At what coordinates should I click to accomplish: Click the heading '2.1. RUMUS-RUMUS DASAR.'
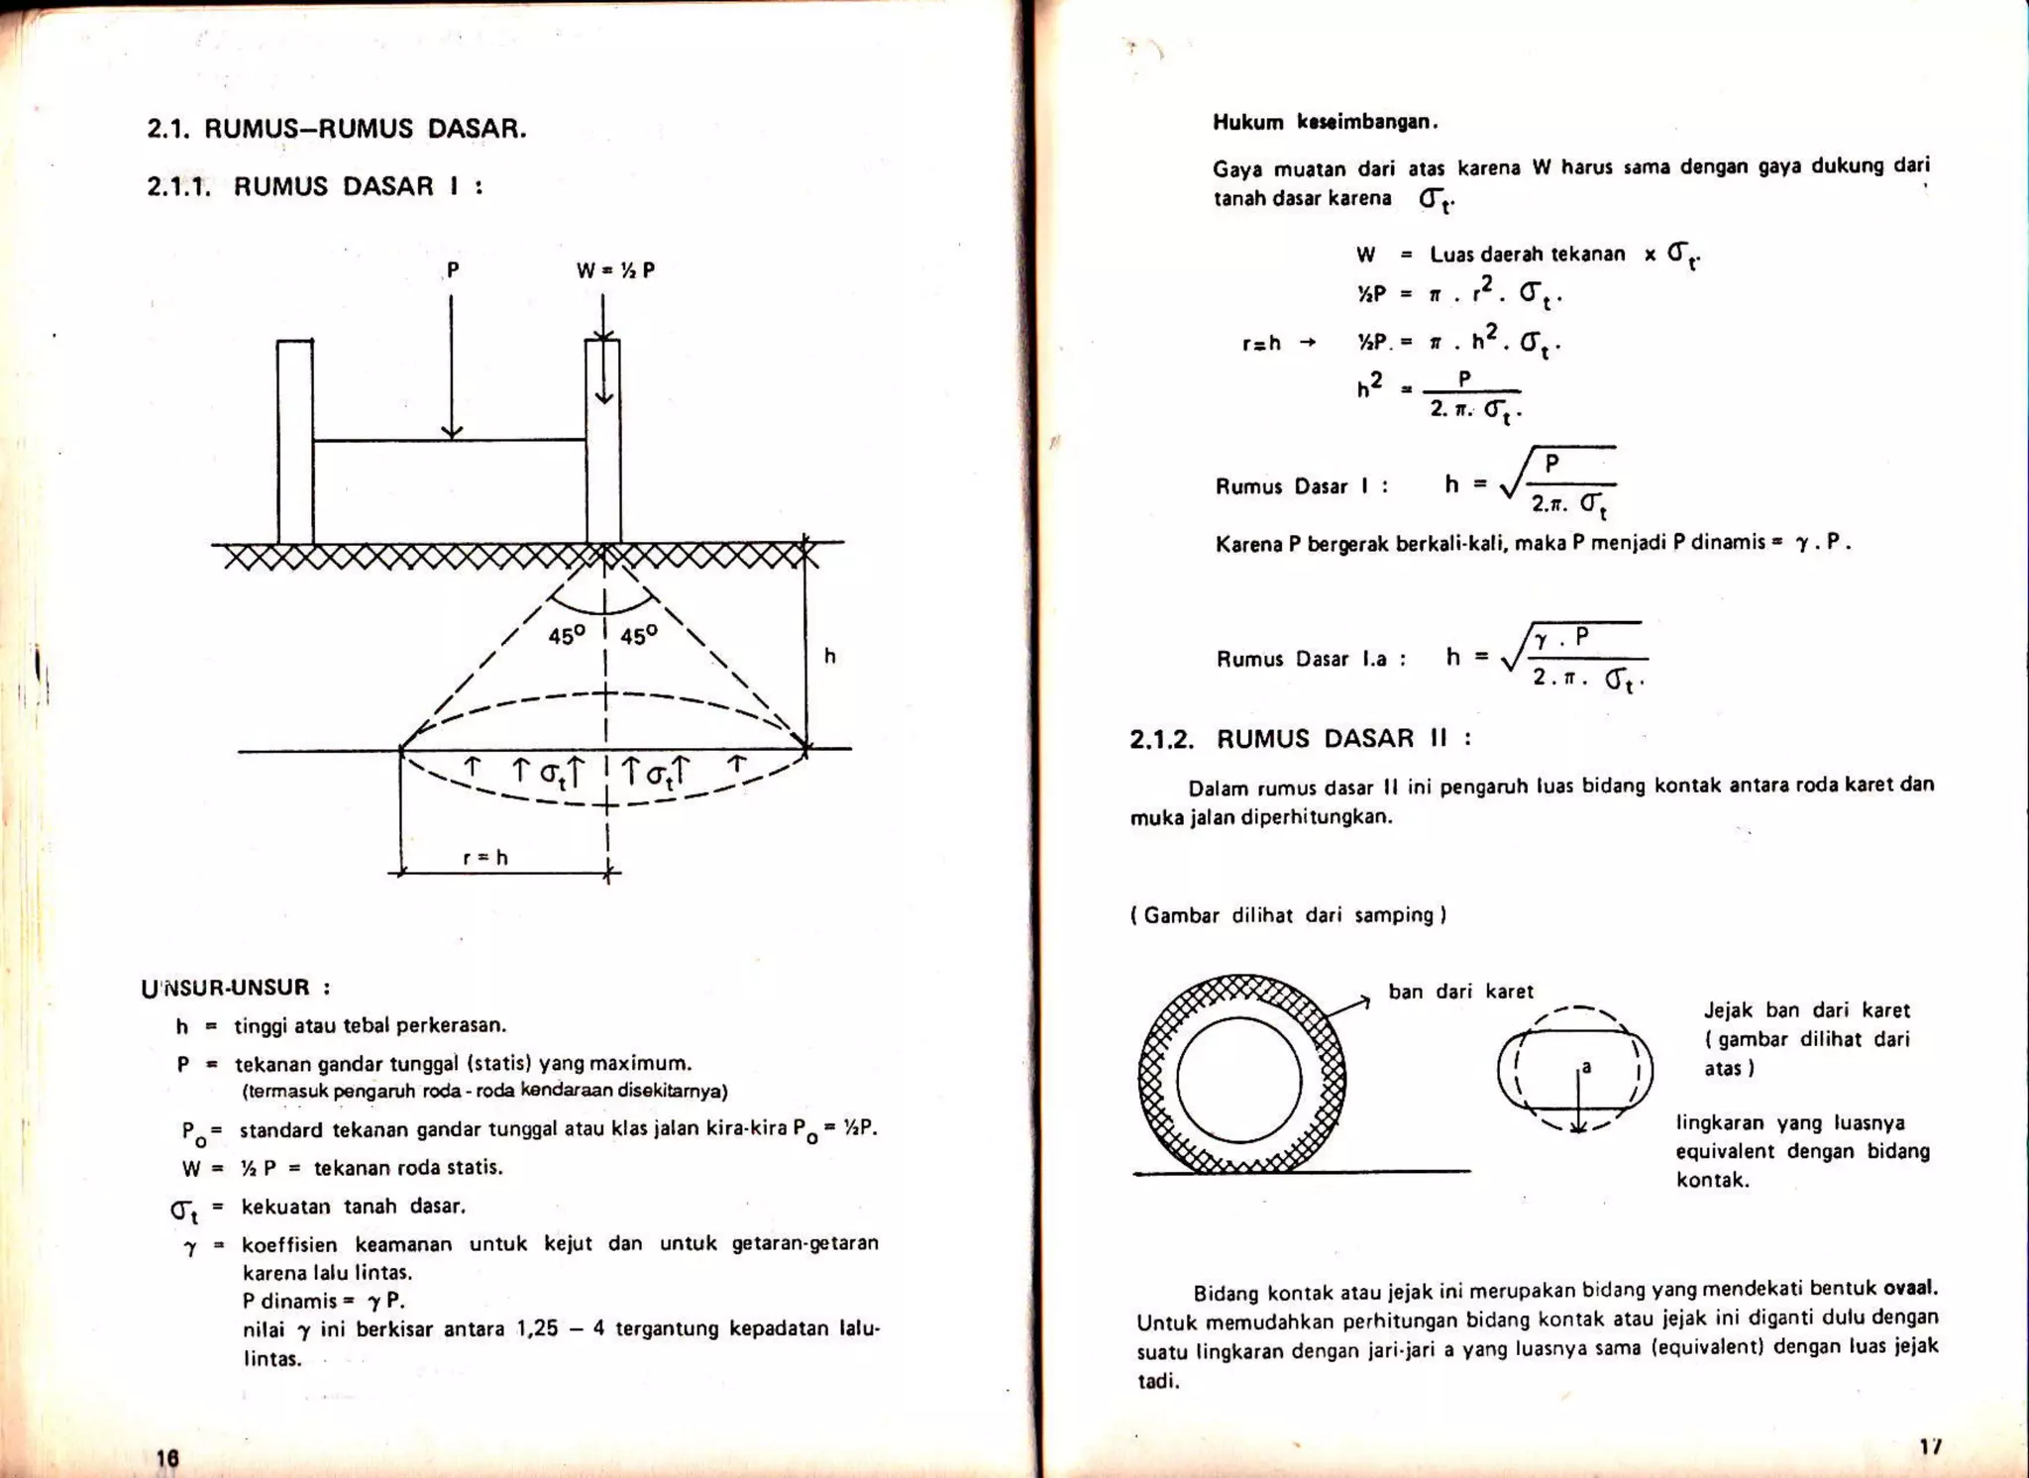pyautogui.click(x=336, y=129)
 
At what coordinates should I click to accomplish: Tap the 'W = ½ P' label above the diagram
pyautogui.click(x=615, y=270)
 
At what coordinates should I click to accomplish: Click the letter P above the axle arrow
pyautogui.click(x=453, y=269)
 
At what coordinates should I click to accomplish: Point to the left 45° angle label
pyautogui.click(x=567, y=636)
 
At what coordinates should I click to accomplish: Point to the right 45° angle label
pyautogui.click(x=639, y=636)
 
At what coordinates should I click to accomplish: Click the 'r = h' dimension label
pyautogui.click(x=485, y=858)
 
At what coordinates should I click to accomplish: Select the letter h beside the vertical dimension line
pyautogui.click(x=830, y=656)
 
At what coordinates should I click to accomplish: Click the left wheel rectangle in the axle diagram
pyautogui.click(x=294, y=441)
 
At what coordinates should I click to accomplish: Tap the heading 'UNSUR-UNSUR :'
pyautogui.click(x=236, y=988)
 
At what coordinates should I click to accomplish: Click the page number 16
pyautogui.click(x=167, y=1457)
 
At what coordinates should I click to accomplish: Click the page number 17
pyautogui.click(x=1930, y=1446)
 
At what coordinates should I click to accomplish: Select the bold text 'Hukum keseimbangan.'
pyautogui.click(x=1326, y=123)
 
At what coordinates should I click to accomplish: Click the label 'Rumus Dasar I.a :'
pyautogui.click(x=1311, y=660)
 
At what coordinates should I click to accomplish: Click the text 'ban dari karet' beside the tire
pyautogui.click(x=1460, y=992)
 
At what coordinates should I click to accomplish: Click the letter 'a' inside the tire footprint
pyautogui.click(x=1586, y=1067)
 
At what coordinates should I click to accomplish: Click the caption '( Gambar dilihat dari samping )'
pyautogui.click(x=1288, y=915)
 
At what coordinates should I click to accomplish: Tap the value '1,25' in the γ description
pyautogui.click(x=538, y=1328)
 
